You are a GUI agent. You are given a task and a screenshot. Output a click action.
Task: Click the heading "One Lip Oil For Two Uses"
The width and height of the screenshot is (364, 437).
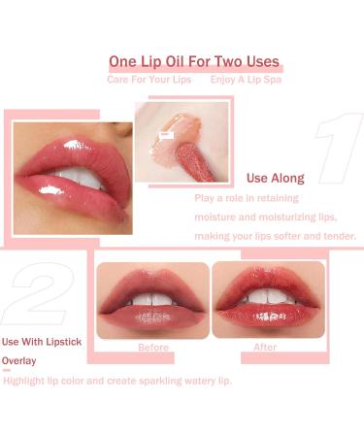[x=194, y=62]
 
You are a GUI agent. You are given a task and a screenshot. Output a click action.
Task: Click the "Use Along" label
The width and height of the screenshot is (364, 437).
[x=276, y=179]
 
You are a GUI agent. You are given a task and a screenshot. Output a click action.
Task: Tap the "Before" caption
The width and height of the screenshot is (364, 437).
[x=153, y=347]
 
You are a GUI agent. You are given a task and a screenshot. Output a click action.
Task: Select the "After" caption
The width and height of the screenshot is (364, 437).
[x=264, y=347]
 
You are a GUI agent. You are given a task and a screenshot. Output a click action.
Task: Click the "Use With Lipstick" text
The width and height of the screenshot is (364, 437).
[x=41, y=341]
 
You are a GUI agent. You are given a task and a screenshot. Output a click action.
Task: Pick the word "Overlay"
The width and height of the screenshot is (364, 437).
[x=18, y=358]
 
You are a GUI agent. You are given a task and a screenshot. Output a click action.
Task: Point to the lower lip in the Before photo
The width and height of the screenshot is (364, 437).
[x=152, y=316]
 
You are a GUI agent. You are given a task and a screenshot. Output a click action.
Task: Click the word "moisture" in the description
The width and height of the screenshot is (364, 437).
[x=218, y=217]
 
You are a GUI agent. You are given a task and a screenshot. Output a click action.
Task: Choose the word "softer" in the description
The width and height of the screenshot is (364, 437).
[x=280, y=236]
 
